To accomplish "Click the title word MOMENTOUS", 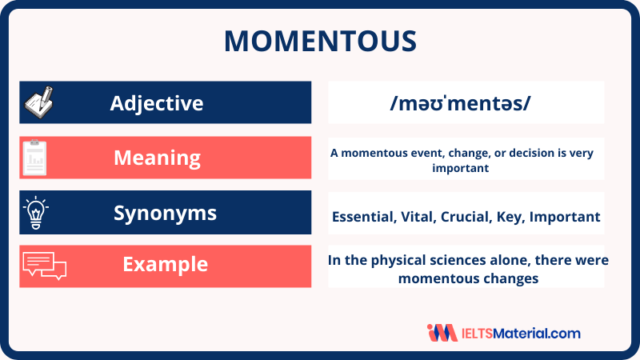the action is tap(321, 41).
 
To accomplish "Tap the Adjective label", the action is tap(157, 103).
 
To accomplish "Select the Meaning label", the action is tap(157, 158).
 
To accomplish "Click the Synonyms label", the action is tap(165, 213).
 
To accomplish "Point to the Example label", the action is tap(166, 265).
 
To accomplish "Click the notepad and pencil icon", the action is tap(39, 102).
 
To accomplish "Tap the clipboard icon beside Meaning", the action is tap(34, 158).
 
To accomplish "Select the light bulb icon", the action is tap(36, 212).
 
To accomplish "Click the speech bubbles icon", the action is tap(45, 266).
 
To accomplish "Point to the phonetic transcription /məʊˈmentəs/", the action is tap(460, 103).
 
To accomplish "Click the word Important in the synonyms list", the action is tap(565, 217).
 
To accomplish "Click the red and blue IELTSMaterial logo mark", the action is tap(442, 333).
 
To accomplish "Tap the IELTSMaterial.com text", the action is tap(521, 334).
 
